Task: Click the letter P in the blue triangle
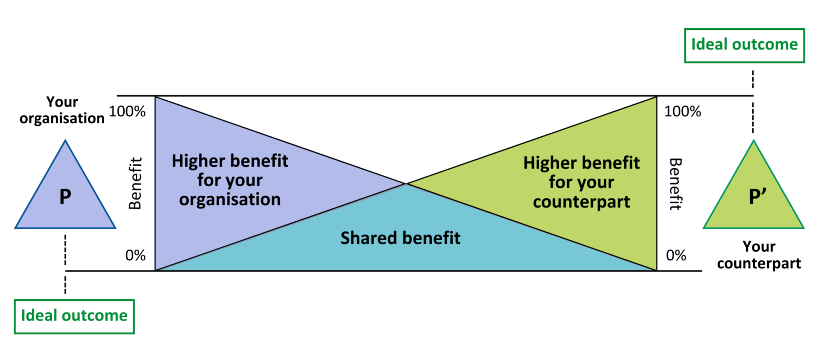click(x=65, y=198)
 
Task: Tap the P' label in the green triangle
click(x=754, y=198)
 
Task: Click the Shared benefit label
click(x=400, y=237)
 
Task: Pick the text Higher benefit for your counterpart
click(x=581, y=182)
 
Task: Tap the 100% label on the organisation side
click(x=127, y=112)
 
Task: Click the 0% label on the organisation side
click(x=135, y=255)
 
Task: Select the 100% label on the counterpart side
click(x=683, y=112)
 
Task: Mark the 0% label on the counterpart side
click(x=676, y=255)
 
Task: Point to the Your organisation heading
click(x=62, y=110)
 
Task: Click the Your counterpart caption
click(x=759, y=255)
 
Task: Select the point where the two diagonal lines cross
click(x=407, y=183)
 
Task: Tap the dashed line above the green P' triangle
click(x=753, y=101)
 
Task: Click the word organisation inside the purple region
click(x=230, y=199)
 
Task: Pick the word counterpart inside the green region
click(x=582, y=202)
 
